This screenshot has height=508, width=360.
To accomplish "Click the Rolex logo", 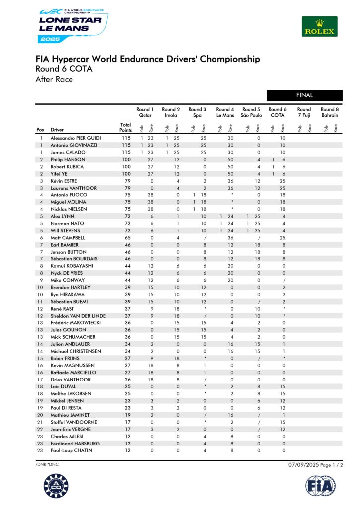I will (319, 26).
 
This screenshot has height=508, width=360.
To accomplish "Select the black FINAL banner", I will (304, 95).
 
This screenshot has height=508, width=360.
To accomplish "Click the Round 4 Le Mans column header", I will (225, 112).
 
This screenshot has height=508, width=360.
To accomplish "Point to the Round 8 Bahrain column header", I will (330, 112).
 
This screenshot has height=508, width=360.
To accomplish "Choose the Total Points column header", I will (126, 127).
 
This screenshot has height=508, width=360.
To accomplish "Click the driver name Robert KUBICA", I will (68, 167).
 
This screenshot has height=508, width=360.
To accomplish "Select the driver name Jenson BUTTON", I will (68, 252).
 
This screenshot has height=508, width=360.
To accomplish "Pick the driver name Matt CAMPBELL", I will (68, 238).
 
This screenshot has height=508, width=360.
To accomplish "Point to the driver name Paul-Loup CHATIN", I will (72, 450).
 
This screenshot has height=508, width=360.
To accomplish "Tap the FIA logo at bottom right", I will (320, 487).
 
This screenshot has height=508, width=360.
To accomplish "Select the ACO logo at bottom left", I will (56, 487).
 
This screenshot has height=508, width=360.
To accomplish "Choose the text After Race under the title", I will (54, 79).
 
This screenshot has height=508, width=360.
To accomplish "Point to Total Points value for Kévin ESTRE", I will (126, 181).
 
